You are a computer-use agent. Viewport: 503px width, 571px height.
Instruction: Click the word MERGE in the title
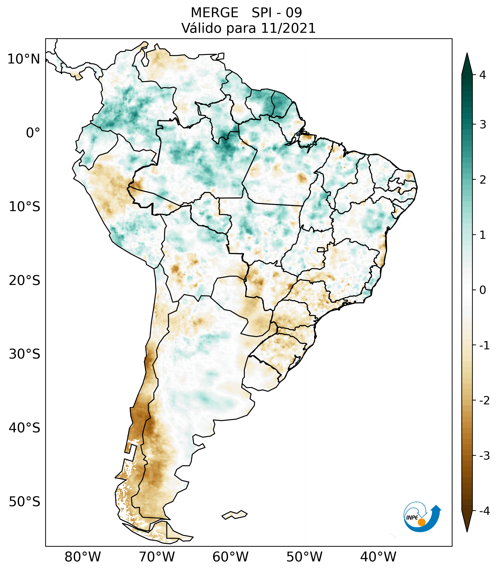tap(215, 13)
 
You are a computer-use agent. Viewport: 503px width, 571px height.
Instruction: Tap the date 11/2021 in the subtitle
tap(288, 28)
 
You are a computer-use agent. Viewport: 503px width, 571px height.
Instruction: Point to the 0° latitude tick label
tap(33, 133)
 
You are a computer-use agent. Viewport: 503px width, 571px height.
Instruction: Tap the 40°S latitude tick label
tap(25, 428)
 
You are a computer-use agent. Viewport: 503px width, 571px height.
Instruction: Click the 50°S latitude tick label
tap(25, 502)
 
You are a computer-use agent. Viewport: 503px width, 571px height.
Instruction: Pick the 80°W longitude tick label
tap(83, 557)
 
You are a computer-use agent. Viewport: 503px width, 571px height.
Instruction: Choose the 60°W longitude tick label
tap(230, 557)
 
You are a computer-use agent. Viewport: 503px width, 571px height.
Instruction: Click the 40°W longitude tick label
tap(378, 557)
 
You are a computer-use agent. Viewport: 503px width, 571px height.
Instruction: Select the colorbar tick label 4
tap(483, 75)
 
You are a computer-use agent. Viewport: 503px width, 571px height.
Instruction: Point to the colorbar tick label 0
tap(483, 290)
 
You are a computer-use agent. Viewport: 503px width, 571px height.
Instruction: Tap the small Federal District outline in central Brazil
tap(321, 249)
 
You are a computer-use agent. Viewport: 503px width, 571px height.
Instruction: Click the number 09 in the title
tap(294, 13)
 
